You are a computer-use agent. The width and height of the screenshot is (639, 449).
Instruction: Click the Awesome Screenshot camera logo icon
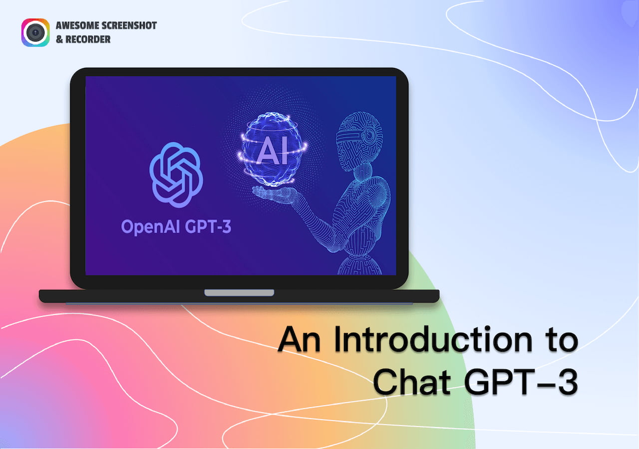35,32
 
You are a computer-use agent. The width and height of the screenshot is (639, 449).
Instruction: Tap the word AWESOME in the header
73,25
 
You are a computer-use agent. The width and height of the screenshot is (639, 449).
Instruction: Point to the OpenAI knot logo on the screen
176,175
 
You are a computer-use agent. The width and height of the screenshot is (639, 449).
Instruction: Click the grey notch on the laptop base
239,293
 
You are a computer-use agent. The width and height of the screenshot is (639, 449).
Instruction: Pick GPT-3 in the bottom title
521,382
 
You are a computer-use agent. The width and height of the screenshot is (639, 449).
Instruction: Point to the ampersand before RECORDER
59,39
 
